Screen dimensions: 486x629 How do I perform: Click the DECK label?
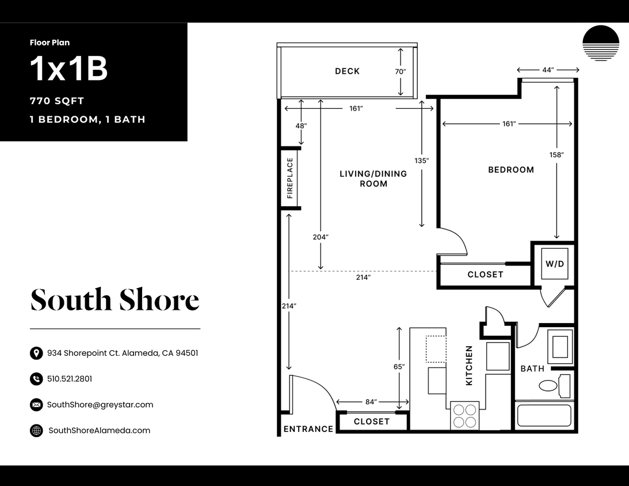pyautogui.click(x=347, y=71)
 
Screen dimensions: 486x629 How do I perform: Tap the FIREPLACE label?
pyautogui.click(x=290, y=178)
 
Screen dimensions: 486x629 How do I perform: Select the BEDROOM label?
pyautogui.click(x=511, y=170)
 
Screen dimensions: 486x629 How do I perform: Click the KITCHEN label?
pyautogui.click(x=469, y=366)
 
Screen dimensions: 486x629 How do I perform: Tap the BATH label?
pyautogui.click(x=532, y=369)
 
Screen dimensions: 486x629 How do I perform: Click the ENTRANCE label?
pyautogui.click(x=308, y=429)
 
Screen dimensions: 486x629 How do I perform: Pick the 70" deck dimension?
pyautogui.click(x=401, y=72)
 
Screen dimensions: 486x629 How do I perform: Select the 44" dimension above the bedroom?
pyautogui.click(x=548, y=70)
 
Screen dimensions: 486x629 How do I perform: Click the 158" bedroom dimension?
pyautogui.click(x=556, y=155)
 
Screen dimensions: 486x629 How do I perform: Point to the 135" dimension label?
pyautogui.click(x=422, y=161)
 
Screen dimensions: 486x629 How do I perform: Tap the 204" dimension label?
pyautogui.click(x=321, y=237)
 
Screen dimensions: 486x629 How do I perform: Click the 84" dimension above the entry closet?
pyautogui.click(x=371, y=402)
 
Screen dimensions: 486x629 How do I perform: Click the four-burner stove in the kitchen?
pyautogui.click(x=464, y=416)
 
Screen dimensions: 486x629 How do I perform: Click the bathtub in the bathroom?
pyautogui.click(x=544, y=416)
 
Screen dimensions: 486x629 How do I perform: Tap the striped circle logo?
pyautogui.click(x=601, y=43)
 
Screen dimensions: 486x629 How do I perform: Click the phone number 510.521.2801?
pyautogui.click(x=70, y=379)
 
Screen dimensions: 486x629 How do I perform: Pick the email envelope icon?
pyautogui.click(x=36, y=405)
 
